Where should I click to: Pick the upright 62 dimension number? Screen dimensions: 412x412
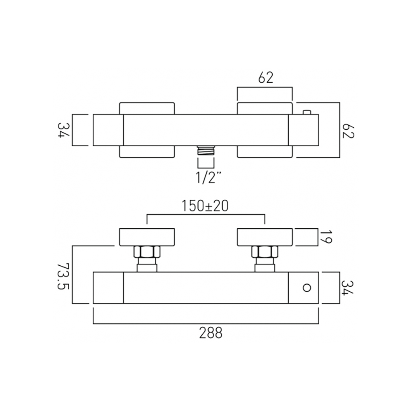[x=266, y=78]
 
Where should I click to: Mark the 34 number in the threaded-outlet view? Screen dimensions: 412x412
[x=63, y=130]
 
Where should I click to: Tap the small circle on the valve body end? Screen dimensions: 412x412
[x=307, y=288]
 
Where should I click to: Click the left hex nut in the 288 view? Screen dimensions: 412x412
[x=147, y=252]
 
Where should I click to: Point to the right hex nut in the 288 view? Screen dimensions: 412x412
[x=265, y=252]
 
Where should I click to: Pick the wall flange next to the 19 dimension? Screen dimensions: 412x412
[x=265, y=236]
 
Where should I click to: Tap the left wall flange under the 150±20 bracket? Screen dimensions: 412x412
[x=147, y=236]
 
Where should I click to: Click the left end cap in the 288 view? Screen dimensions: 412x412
[x=108, y=288]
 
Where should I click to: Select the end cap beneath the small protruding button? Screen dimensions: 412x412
[x=303, y=130]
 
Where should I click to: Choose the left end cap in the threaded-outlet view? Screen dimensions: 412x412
[x=108, y=130]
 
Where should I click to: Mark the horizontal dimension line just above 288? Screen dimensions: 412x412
[x=206, y=323]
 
